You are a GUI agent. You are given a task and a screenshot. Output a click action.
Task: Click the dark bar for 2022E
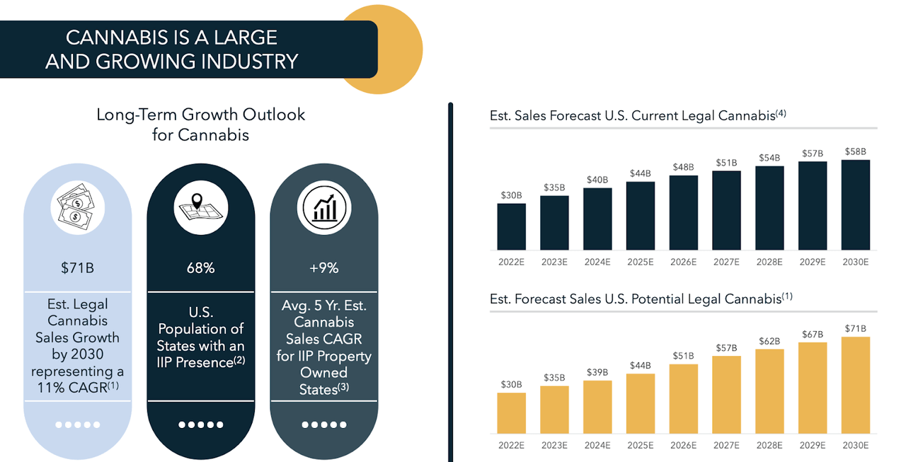click(x=511, y=226)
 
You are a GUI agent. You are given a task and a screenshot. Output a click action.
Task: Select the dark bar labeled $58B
click(x=855, y=204)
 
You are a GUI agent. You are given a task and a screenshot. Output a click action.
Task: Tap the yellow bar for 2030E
click(x=855, y=385)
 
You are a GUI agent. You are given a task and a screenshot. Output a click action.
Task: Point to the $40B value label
click(x=597, y=179)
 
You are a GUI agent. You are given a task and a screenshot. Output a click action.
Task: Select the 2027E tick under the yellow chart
click(x=726, y=445)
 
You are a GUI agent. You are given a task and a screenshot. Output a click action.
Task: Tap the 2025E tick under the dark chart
click(x=641, y=262)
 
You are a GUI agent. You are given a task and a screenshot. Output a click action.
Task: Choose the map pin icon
click(x=200, y=205)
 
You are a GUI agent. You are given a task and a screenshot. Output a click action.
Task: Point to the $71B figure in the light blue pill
click(x=77, y=268)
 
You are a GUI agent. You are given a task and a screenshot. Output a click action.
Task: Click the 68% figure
click(x=200, y=268)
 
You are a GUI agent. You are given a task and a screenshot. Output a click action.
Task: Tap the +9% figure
click(x=323, y=268)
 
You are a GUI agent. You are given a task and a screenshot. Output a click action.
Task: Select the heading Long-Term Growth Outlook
click(x=201, y=115)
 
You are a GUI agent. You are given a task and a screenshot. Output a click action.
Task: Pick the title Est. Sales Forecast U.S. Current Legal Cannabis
click(x=637, y=115)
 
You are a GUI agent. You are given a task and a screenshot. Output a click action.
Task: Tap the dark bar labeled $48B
click(x=683, y=212)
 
